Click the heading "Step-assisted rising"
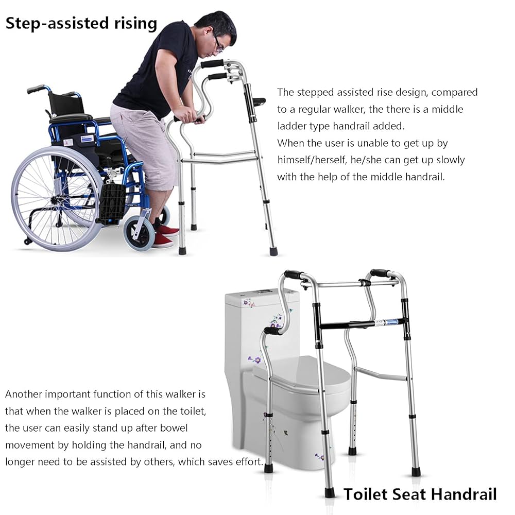[x=81, y=23]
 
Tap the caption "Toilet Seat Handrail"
[x=420, y=494]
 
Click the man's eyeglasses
[x=218, y=44]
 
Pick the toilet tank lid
[x=262, y=295]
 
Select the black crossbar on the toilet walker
[x=360, y=324]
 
